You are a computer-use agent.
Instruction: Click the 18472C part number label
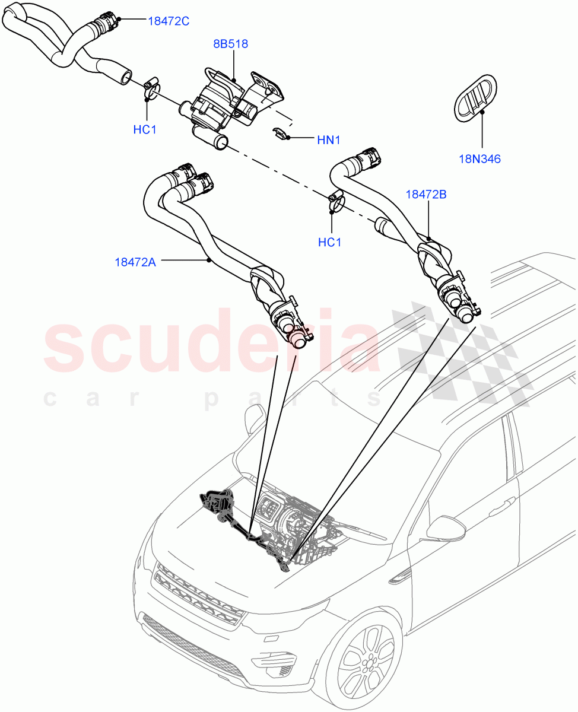[x=168, y=21]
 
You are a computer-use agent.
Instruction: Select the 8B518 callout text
[x=231, y=44]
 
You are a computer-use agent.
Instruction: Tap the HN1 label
[x=328, y=140]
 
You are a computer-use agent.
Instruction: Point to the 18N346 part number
[x=479, y=159]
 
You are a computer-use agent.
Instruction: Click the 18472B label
[x=426, y=194]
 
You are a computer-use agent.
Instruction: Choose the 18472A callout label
[x=135, y=262]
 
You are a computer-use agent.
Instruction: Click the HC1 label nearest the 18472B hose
[x=330, y=243]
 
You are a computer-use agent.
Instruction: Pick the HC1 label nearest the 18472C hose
[x=145, y=129]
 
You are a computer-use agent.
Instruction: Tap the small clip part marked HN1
[x=281, y=133]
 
